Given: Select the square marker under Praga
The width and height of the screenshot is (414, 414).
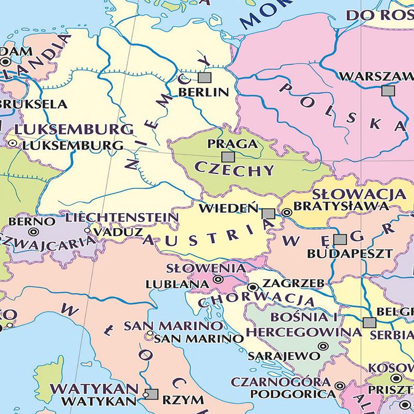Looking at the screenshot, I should pos(227,156).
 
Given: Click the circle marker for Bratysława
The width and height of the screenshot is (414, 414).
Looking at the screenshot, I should pos(287,212).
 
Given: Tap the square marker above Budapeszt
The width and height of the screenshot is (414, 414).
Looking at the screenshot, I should pos(339,240).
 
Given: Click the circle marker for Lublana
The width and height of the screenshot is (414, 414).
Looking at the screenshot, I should pos(218,280).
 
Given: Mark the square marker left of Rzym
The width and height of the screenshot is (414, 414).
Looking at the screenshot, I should pos(151,394).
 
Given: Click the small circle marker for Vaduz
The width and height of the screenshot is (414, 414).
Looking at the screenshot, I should pos(87,232).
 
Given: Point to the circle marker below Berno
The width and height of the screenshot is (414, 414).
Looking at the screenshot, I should pos(34,232).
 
